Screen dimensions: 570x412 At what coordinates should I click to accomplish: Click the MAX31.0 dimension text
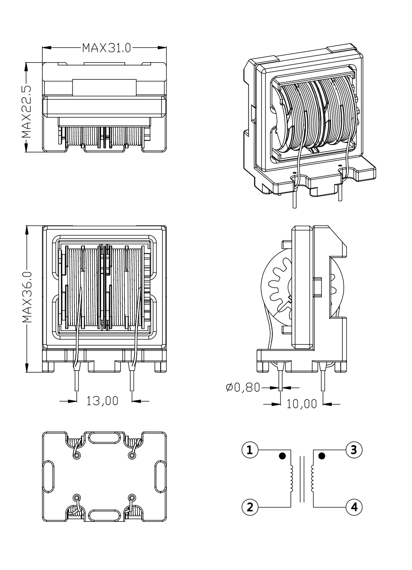(106, 48)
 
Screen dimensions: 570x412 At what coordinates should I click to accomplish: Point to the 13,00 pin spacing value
(102, 400)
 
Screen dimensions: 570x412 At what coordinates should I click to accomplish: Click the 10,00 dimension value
(302, 404)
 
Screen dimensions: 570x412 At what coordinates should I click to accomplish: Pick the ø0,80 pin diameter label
(243, 387)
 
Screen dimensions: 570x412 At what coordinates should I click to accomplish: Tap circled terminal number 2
(249, 506)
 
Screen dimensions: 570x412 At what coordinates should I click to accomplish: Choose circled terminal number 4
(354, 506)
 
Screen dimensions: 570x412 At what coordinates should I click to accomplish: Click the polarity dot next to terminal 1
(282, 456)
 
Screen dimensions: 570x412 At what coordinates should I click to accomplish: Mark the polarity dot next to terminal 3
(322, 456)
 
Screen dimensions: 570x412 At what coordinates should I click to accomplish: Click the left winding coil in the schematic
(291, 478)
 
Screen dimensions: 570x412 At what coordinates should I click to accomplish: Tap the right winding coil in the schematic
(314, 478)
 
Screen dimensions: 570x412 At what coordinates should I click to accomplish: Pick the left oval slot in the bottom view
(49, 477)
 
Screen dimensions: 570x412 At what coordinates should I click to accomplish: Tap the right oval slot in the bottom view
(160, 477)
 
